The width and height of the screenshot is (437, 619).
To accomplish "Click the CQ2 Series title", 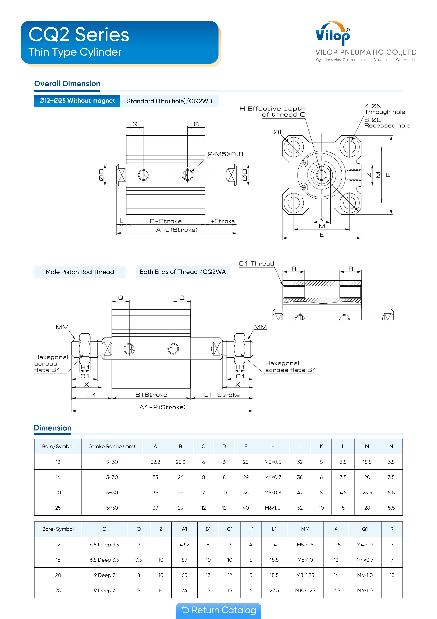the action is [79, 35].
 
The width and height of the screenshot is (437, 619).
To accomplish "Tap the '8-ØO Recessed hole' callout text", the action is [387, 123].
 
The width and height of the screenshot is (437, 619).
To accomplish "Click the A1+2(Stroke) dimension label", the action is [162, 407].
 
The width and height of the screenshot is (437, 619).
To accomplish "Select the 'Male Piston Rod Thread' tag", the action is [80, 272].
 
